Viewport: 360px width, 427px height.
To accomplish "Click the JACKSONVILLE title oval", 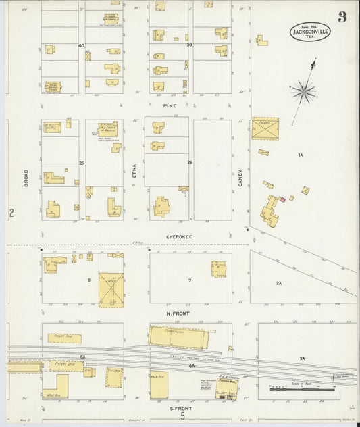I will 310,31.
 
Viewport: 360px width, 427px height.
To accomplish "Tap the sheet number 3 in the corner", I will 342,17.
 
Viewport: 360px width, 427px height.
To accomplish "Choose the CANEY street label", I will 240,177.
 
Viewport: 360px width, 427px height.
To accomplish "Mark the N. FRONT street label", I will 179,312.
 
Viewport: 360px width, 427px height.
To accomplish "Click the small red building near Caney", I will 282,199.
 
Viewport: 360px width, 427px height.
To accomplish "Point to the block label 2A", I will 278,284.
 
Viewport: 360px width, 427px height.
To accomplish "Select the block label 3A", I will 303,357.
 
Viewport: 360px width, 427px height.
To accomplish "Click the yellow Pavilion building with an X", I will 265,128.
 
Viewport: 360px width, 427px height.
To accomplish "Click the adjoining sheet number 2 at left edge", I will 11,214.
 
